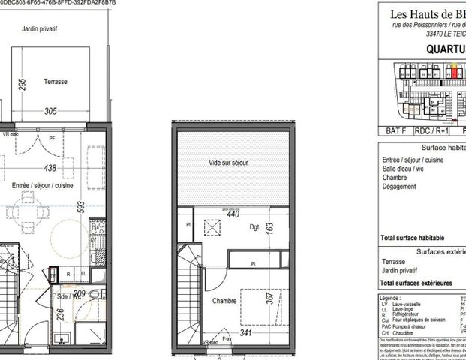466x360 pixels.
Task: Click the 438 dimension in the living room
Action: [x=50, y=169]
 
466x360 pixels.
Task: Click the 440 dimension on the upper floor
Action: [x=233, y=214]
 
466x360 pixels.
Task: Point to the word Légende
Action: [x=395, y=298]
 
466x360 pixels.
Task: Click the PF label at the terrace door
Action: [x=52, y=138]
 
